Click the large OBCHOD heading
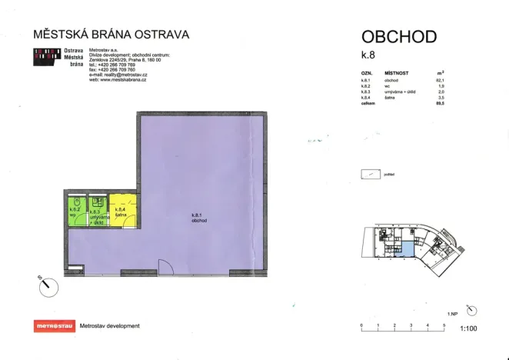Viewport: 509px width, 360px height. [x=399, y=36]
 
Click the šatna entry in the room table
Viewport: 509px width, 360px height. [x=390, y=97]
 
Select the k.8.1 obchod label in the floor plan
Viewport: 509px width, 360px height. [x=201, y=218]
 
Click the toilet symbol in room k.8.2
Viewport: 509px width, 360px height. [x=75, y=199]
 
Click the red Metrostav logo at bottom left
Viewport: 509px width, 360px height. [x=55, y=326]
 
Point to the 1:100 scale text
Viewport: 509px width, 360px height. [x=468, y=328]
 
